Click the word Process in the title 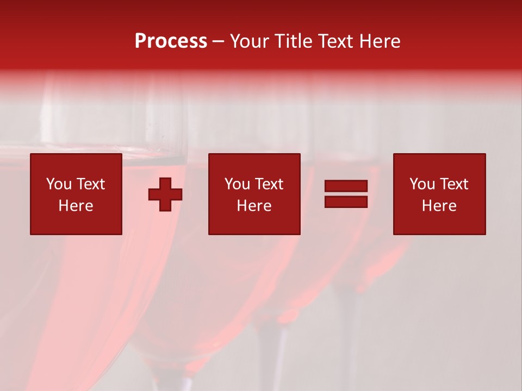(x=171, y=41)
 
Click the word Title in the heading (x=293, y=41)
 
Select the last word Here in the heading (x=380, y=41)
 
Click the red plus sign (x=165, y=194)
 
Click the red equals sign (x=346, y=194)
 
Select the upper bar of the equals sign (x=346, y=186)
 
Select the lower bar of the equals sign (x=346, y=201)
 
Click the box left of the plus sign (x=76, y=194)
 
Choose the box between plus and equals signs (x=254, y=194)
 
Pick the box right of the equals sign (x=439, y=194)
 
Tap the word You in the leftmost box (x=59, y=184)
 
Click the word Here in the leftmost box (x=76, y=206)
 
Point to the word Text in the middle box (x=268, y=184)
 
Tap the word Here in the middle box (x=254, y=206)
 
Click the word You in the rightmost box (x=422, y=184)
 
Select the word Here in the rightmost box (x=439, y=206)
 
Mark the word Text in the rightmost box (x=453, y=184)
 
